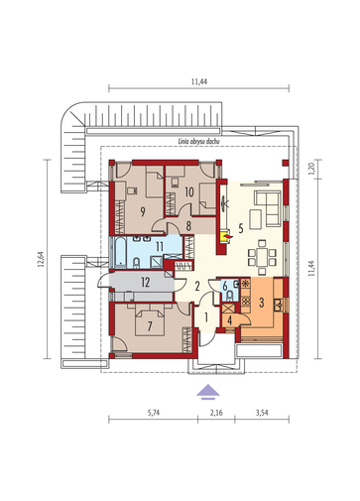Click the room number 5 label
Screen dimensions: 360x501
click(241, 228)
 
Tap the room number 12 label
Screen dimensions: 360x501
click(146, 283)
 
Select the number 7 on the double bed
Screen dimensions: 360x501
click(150, 326)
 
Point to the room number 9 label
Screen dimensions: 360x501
click(143, 211)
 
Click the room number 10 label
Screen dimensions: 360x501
click(189, 191)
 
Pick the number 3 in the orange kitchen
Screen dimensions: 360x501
click(262, 303)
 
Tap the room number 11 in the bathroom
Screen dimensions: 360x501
click(160, 246)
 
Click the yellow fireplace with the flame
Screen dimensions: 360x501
click(226, 236)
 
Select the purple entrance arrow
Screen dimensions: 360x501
click(208, 392)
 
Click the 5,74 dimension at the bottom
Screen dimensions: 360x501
click(154, 413)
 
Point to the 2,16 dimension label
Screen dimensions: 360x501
click(216, 413)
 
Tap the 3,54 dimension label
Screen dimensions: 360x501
click(262, 413)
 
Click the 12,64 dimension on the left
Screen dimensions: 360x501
click(41, 259)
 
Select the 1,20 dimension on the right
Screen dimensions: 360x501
click(311, 169)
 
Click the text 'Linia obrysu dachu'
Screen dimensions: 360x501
click(199, 141)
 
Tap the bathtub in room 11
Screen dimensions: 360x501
click(121, 252)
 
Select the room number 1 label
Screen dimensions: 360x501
click(206, 317)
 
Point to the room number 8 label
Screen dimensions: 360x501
click(188, 226)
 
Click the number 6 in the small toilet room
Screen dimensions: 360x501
click(225, 287)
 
